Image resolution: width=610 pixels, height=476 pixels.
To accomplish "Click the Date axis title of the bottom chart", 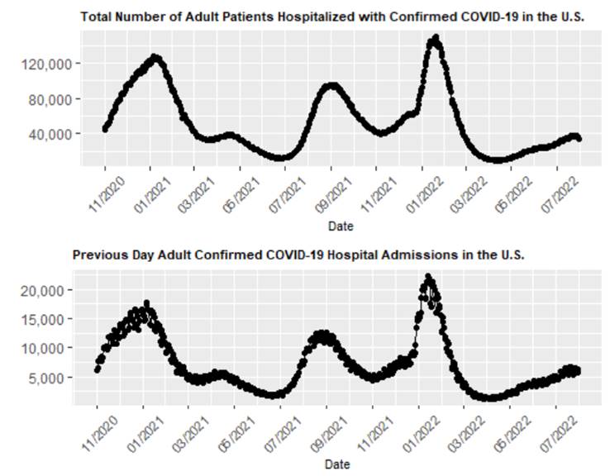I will click(x=336, y=464).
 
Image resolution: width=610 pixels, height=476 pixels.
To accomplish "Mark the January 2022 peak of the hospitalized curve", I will click(x=435, y=38).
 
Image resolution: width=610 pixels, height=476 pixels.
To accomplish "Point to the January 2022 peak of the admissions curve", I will click(x=428, y=277).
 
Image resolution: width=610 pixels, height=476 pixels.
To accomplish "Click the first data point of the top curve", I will click(x=105, y=129).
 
